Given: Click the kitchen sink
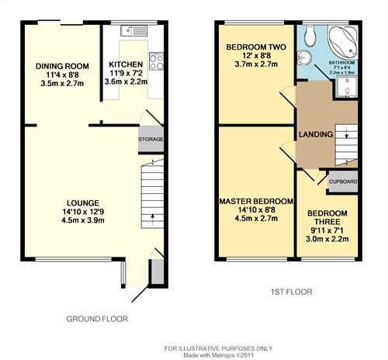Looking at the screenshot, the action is pos(133,31).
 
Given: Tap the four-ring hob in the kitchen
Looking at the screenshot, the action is pos(156,61).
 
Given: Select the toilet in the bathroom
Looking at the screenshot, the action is pos(310,36).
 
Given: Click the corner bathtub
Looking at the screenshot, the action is pos(343,42).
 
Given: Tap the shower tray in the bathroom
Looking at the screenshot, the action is pos(348,87).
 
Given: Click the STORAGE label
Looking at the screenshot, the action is pos(151,140).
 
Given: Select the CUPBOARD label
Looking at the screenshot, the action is pos(343,182).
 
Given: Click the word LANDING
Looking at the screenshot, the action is pos(316,134).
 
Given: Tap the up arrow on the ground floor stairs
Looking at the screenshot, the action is pos(152,220).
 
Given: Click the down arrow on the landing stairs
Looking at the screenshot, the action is pos(346,133).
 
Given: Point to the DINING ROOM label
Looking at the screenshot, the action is pos(62,66).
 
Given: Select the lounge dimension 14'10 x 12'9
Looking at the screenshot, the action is pos(83,212).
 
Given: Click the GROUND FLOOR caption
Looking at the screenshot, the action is pos(97,319).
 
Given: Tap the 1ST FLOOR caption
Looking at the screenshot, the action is pos(292,292).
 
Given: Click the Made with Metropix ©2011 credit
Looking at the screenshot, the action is pos(219,355).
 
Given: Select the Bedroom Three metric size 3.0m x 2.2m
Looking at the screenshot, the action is pos(327,239).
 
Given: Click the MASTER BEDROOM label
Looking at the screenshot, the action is pos(256,201).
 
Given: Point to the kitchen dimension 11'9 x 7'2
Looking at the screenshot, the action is pos(126,73).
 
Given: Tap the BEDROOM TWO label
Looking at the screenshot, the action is pos(256,47).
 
